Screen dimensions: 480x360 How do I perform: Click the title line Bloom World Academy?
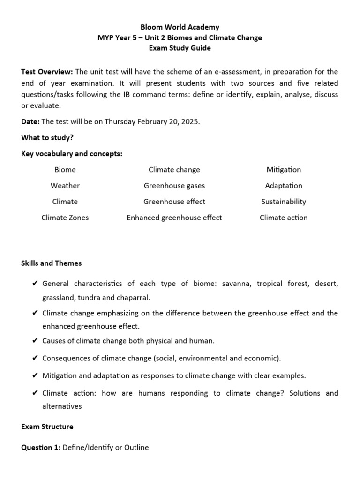tap(180, 28)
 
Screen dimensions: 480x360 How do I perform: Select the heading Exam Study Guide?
tap(180, 48)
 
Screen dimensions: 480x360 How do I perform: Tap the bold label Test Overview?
tap(47, 72)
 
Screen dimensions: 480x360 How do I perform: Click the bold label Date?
tap(30, 121)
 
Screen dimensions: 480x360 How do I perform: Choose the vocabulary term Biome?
tap(65, 170)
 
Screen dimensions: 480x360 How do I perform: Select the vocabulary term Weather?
tap(65, 186)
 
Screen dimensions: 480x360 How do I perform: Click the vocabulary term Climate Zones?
tap(65, 217)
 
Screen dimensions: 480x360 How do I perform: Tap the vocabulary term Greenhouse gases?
tap(174, 186)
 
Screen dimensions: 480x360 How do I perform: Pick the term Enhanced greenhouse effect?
tap(174, 217)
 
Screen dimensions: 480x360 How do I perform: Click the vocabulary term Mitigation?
tap(284, 170)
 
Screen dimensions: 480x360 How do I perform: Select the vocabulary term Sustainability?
tap(284, 202)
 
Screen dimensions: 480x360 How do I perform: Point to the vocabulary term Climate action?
tap(284, 217)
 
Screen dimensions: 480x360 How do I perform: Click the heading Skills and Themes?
tap(52, 263)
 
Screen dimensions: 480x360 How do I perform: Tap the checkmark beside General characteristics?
tap(35, 284)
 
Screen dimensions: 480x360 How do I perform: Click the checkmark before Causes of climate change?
tap(35, 341)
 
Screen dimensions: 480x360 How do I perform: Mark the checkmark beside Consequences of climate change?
tap(35, 359)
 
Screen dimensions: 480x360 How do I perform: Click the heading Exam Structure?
tap(47, 427)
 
